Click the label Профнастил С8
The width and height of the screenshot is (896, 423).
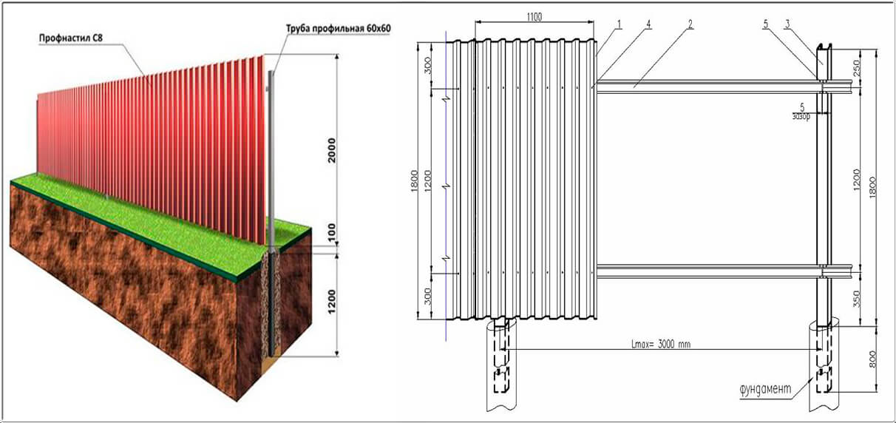point(71,38)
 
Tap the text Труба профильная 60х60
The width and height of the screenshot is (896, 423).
point(339,28)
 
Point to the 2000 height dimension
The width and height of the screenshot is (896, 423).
point(332,150)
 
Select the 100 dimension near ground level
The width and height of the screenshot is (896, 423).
point(332,231)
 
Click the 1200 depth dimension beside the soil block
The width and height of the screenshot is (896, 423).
point(332,302)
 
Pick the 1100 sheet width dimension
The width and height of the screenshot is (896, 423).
point(534,17)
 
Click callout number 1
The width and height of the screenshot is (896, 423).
point(620,24)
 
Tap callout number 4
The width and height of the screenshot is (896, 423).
point(648,24)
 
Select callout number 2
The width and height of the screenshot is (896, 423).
point(690,24)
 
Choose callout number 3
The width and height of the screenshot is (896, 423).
point(787,24)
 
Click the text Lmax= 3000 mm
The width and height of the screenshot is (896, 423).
point(661,344)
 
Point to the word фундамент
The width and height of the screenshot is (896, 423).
point(765,388)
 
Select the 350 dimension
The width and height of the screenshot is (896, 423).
point(856,299)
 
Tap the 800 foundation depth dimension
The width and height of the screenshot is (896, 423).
point(872,359)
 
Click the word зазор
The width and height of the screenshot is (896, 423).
point(801,116)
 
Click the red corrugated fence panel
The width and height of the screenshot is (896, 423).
point(152,144)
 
